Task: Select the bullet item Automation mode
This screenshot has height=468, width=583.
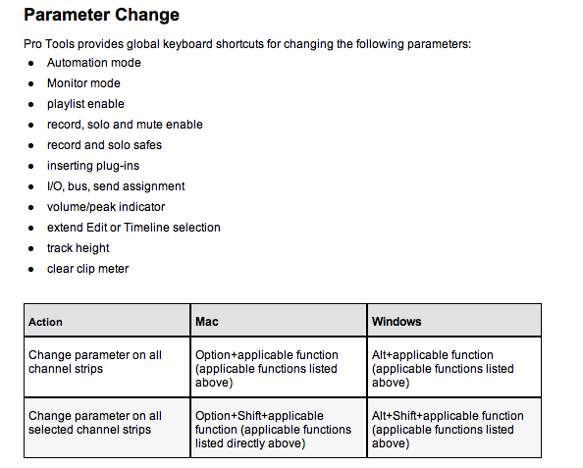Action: (93, 63)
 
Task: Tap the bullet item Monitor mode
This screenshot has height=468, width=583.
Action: (83, 83)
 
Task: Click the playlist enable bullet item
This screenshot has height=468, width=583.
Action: (85, 104)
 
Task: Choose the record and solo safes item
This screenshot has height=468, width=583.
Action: (104, 145)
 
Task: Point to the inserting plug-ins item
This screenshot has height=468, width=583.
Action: (93, 166)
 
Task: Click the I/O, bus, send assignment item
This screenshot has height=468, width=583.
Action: (116, 186)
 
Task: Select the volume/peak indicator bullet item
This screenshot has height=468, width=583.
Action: (106, 207)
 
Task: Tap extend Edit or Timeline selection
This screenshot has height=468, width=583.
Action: (133, 228)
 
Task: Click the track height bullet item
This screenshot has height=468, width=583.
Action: (78, 248)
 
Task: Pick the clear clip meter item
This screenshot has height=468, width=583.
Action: (87, 269)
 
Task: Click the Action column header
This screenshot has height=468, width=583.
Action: (45, 322)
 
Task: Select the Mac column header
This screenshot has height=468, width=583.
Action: (206, 322)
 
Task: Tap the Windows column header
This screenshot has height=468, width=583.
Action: (397, 322)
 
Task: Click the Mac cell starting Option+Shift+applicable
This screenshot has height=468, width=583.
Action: (273, 430)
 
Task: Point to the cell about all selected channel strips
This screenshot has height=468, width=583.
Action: (95, 423)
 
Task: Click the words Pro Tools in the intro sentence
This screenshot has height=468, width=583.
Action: (47, 44)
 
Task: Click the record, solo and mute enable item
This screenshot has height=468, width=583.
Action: (125, 125)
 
